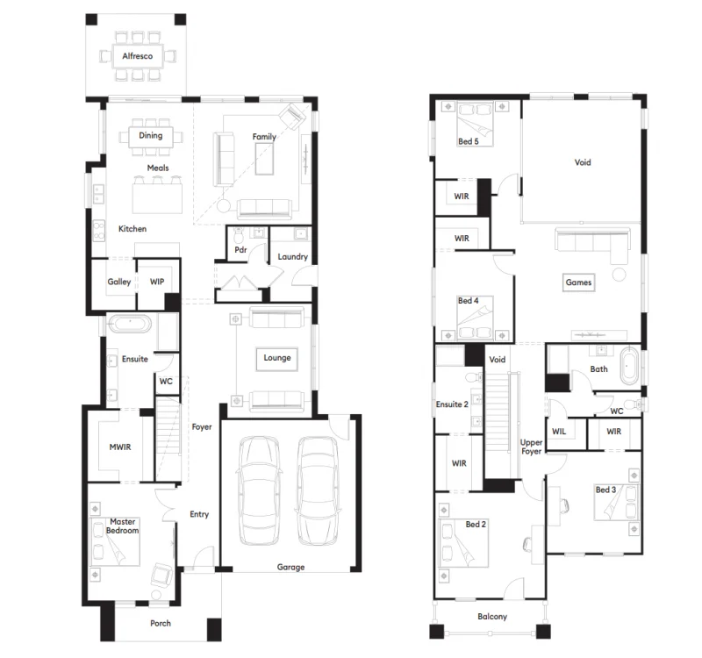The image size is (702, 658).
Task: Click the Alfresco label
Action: click(138, 56)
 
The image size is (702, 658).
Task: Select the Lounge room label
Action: click(277, 358)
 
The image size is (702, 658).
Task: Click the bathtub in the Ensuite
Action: click(130, 324)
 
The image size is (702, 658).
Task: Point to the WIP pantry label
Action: click(158, 282)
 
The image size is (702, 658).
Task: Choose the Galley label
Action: click(119, 282)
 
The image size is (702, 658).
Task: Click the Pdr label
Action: click(240, 250)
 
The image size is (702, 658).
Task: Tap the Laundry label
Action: click(292, 257)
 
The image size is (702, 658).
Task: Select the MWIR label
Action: click(119, 448)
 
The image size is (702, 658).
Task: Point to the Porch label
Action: click(161, 624)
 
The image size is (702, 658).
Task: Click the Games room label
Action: click(578, 283)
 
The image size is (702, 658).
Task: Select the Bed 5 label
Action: click(468, 140)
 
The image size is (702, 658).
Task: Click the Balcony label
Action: click(492, 617)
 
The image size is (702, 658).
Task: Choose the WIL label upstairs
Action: click(559, 432)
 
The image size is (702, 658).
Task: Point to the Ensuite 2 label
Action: click(453, 404)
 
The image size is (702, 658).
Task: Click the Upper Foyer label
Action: click(532, 447)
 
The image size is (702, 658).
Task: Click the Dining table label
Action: click(150, 136)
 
